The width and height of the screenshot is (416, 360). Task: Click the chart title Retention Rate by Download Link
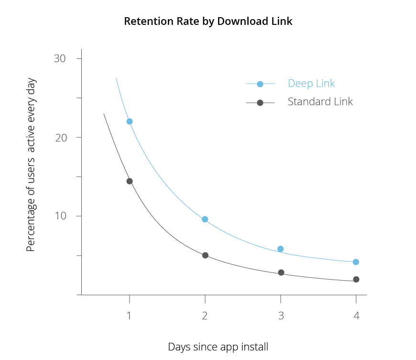pyautogui.click(x=208, y=22)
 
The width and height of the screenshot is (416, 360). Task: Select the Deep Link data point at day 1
pyautogui.click(x=130, y=121)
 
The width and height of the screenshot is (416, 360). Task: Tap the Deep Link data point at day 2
pyautogui.click(x=205, y=219)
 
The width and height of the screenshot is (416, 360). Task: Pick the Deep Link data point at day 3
pyautogui.click(x=281, y=249)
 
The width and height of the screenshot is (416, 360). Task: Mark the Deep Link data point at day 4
pyautogui.click(x=356, y=262)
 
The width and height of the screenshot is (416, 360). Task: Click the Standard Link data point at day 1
pyautogui.click(x=130, y=181)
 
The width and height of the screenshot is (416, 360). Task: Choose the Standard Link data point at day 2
pyautogui.click(x=205, y=255)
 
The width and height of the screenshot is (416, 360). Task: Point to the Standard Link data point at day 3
pyautogui.click(x=281, y=273)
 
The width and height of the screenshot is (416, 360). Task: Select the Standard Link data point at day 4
pyautogui.click(x=356, y=279)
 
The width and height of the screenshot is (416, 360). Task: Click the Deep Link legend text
pyautogui.click(x=311, y=84)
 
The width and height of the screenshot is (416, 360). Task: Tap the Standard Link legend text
pyautogui.click(x=320, y=102)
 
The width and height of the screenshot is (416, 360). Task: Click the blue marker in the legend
pyautogui.click(x=260, y=84)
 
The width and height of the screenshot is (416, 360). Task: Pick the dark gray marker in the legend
pyautogui.click(x=260, y=103)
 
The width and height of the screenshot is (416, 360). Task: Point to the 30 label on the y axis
pyautogui.click(x=60, y=58)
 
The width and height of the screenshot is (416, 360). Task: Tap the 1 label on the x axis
pyautogui.click(x=130, y=316)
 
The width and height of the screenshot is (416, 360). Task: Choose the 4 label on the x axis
pyautogui.click(x=356, y=316)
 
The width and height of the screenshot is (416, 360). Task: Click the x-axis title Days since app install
pyautogui.click(x=218, y=347)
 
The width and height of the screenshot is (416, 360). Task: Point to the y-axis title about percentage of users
pyautogui.click(x=31, y=165)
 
